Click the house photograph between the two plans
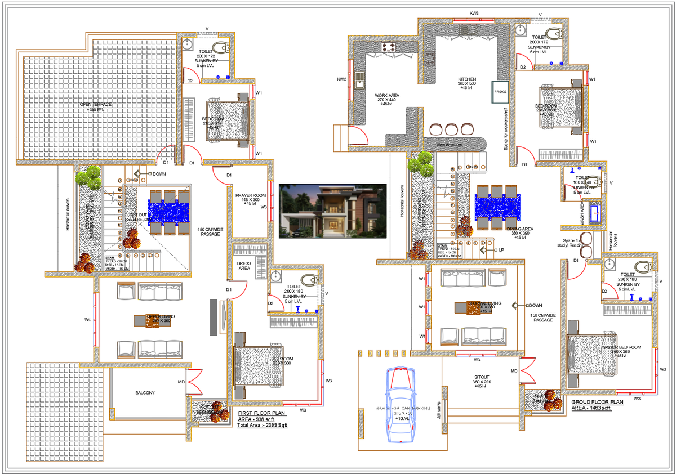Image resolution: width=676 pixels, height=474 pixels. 332,211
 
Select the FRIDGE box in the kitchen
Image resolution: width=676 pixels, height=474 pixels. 500,91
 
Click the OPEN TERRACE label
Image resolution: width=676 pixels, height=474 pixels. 95,105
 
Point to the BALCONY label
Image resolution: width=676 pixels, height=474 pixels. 145,393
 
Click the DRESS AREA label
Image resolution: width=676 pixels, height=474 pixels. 243,266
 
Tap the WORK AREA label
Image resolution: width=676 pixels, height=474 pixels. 387,96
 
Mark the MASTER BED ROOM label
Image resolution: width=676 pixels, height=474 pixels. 621,347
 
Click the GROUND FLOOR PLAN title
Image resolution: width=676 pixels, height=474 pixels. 598,403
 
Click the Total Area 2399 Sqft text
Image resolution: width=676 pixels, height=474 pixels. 263,426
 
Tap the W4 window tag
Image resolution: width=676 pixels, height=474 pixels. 88,320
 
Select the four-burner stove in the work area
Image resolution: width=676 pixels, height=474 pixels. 389,47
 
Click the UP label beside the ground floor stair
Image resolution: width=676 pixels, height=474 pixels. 501,249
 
